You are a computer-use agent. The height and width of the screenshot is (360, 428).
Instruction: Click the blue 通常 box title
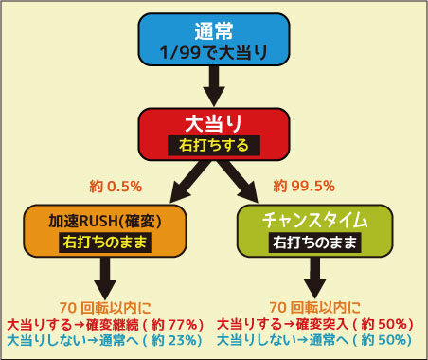tap(214, 31)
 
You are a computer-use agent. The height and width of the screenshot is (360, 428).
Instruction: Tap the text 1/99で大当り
tap(214, 52)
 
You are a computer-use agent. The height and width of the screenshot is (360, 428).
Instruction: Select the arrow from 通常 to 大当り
tap(214, 86)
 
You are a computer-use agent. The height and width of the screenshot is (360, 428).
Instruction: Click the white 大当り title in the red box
tap(213, 123)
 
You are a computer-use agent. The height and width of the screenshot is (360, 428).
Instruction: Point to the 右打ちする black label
tap(214, 146)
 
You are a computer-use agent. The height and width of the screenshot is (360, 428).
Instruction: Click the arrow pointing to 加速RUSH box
tap(188, 182)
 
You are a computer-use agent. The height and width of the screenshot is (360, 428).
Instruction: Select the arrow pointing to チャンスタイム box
tap(239, 182)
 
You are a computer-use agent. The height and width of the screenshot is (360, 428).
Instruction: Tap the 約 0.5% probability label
tap(116, 187)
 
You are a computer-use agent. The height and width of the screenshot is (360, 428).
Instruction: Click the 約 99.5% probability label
tap(304, 186)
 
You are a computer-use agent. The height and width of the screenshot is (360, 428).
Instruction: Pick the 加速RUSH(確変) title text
tap(105, 221)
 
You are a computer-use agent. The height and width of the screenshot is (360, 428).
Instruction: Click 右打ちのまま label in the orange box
tap(105, 243)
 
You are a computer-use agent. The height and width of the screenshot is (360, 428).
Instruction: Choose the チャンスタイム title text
tap(314, 221)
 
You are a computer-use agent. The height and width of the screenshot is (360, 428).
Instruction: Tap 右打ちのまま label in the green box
tap(314, 243)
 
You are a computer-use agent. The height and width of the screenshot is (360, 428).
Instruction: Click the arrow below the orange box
tap(105, 277)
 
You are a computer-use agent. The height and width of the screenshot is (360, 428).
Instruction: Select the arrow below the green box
tap(314, 277)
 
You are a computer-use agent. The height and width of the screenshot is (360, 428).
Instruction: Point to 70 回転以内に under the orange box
tap(105, 308)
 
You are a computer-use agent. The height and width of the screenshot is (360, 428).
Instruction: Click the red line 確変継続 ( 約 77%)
tap(105, 325)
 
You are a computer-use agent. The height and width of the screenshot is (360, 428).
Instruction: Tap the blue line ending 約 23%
tap(104, 340)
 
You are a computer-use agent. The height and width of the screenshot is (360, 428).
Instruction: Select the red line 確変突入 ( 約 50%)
tap(315, 324)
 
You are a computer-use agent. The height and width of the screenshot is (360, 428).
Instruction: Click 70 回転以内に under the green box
tap(314, 307)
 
